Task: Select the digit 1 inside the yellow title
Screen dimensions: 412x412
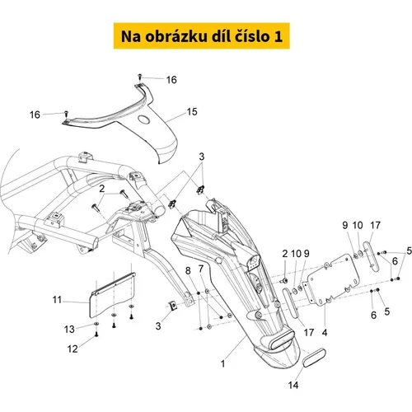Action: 278,36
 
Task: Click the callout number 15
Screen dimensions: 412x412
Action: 192,112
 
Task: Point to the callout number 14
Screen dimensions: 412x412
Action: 293,385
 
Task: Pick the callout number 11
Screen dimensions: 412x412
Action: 57,300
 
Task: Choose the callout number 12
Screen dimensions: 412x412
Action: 73,349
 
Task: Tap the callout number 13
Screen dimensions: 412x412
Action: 69,329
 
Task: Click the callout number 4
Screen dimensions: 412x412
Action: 325,333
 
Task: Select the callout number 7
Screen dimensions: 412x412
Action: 201,269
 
